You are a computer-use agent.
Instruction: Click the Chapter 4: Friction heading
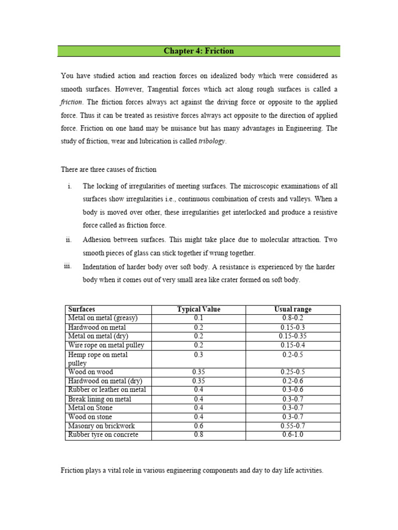pos(198,51)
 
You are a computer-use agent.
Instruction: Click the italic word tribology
pos(212,142)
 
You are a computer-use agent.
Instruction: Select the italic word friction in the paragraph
pos(72,102)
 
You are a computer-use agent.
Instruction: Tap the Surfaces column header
pos(82,310)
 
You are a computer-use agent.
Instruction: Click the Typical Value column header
pos(198,310)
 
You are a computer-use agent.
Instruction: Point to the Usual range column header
pos(293,310)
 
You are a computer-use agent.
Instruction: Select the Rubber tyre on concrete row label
pos(103,435)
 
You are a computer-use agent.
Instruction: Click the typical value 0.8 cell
pos(198,435)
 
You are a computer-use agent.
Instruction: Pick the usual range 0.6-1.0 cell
pos(293,435)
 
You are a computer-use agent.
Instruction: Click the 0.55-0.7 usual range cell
pos(293,426)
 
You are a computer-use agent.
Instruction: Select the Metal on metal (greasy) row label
pos(103,318)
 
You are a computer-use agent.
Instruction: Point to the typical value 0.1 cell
pos(198,318)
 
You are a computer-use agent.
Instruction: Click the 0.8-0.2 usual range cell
pos(293,318)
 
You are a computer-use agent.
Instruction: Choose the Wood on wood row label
pos(90,372)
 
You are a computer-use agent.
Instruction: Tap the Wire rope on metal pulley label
pos(106,345)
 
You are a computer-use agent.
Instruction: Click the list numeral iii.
pos(67,266)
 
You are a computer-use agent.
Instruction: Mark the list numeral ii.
pos(68,240)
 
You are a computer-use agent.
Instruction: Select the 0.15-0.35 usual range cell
pos(293,336)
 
